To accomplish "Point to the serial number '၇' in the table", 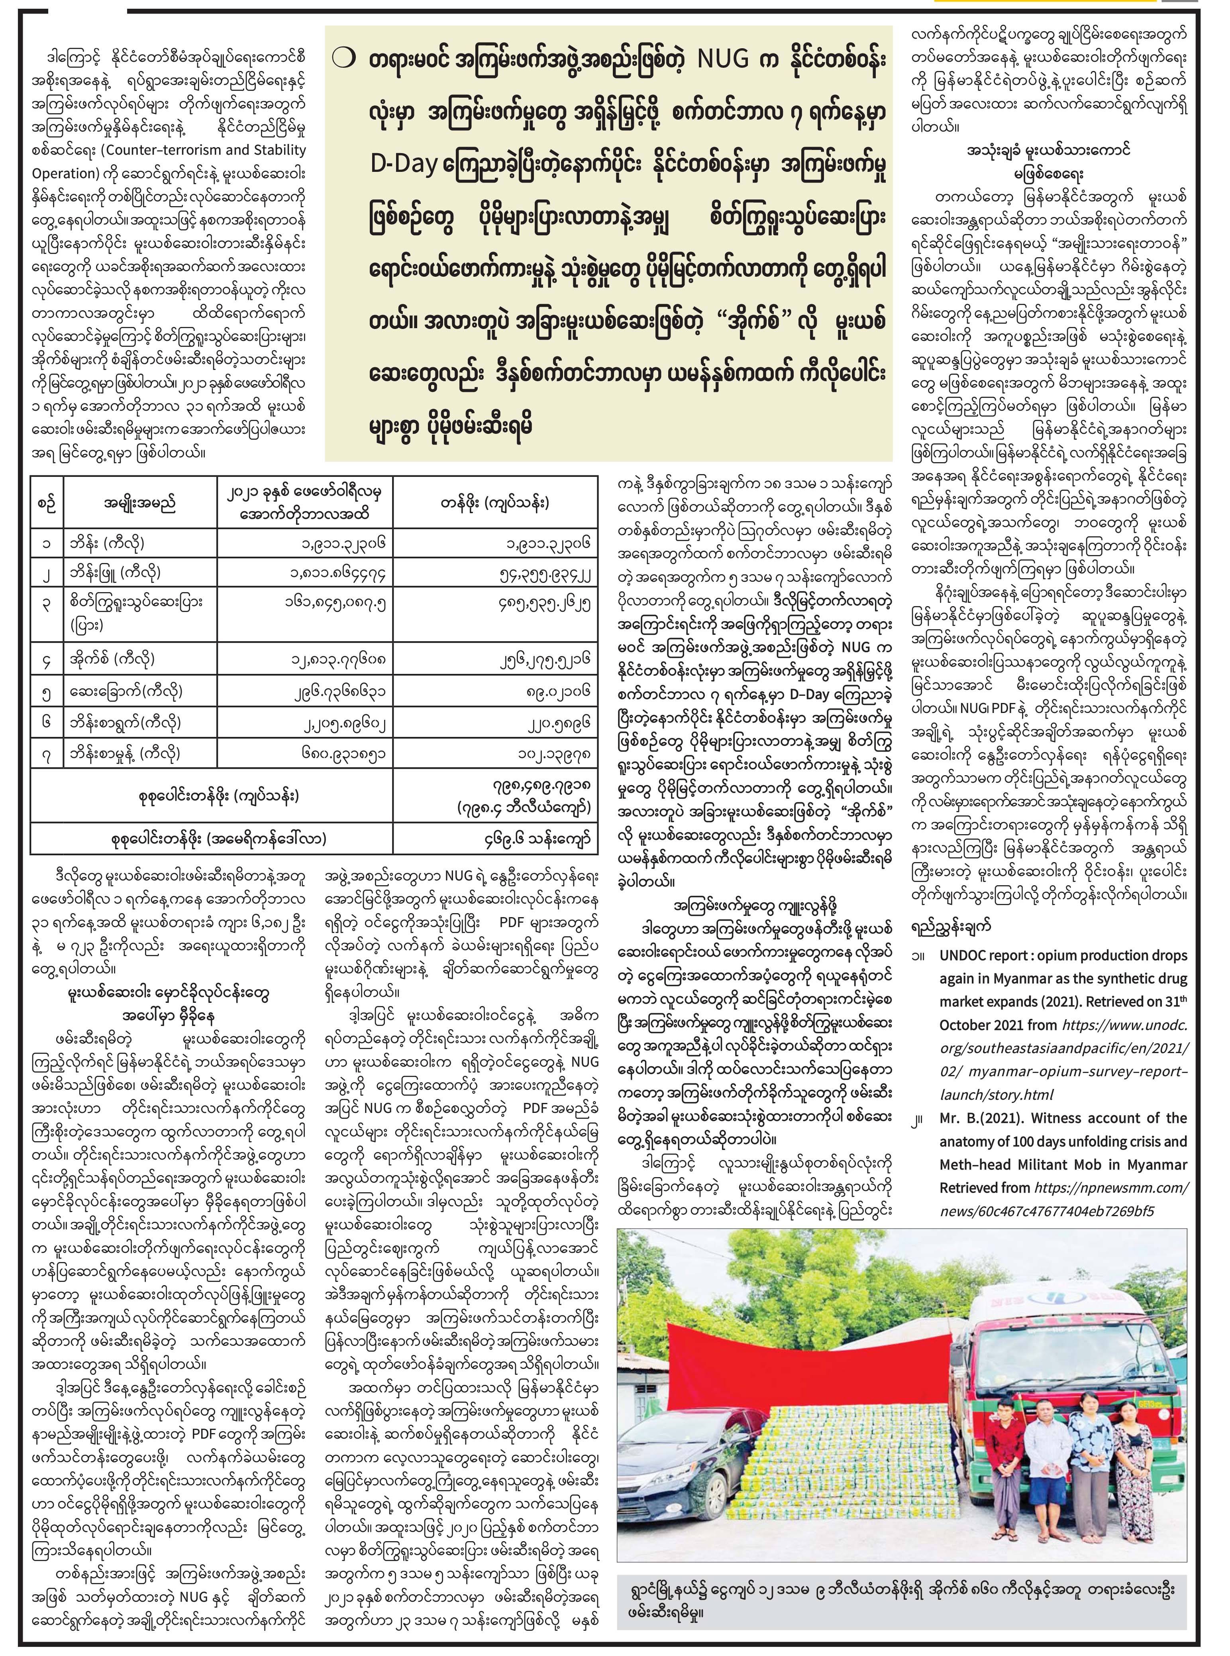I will pos(46,754).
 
